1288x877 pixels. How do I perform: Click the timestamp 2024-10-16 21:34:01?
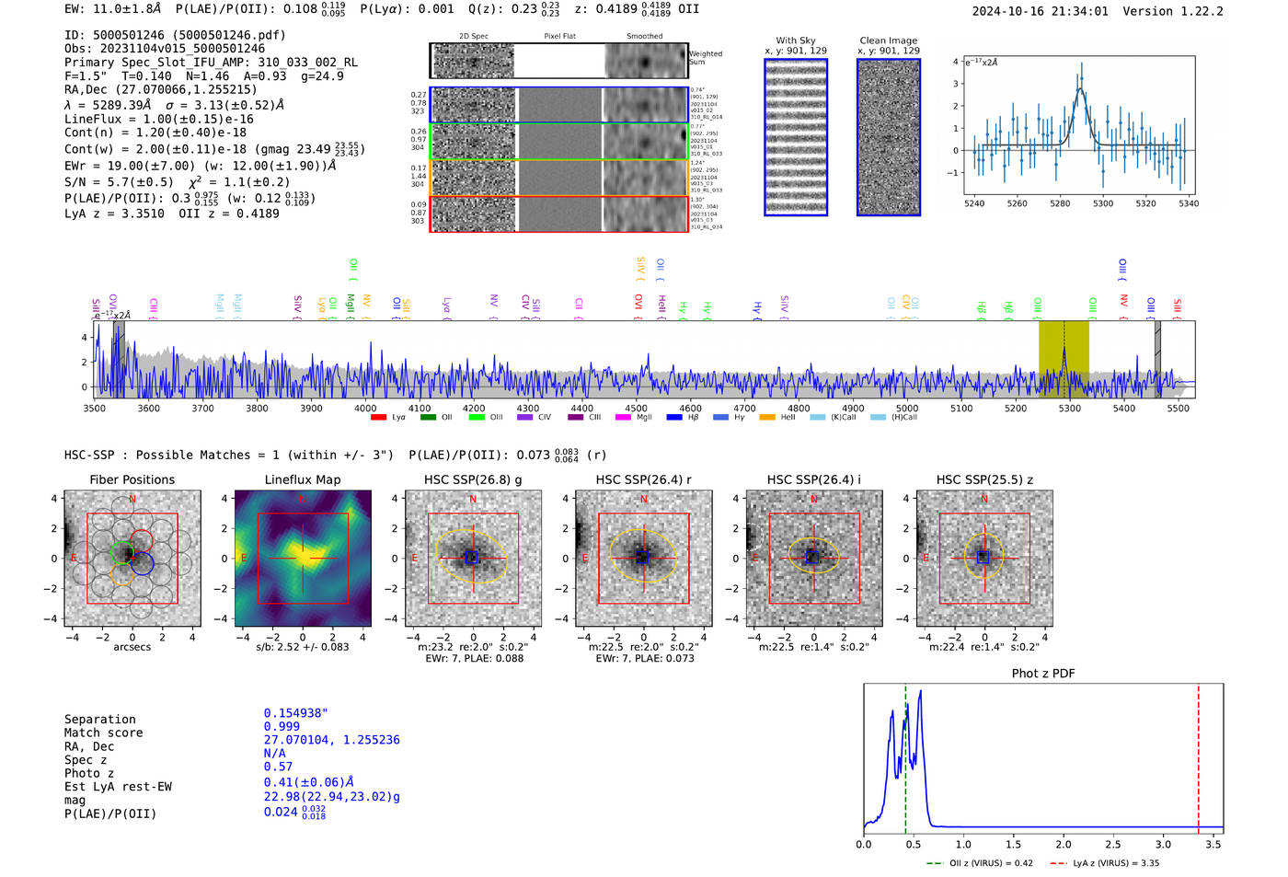point(1040,12)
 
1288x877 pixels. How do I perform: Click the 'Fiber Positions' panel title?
point(132,479)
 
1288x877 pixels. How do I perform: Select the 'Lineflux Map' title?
point(302,479)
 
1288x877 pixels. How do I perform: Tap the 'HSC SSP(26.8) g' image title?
point(472,479)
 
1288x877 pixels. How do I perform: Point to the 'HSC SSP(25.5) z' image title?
point(984,479)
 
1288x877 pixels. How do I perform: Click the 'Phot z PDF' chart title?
point(1042,674)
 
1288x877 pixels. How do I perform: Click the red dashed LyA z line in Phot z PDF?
point(1198,755)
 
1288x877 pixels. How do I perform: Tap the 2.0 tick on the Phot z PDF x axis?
point(1064,844)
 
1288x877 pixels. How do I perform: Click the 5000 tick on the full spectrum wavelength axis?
point(907,409)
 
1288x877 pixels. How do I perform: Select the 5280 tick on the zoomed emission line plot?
point(1060,204)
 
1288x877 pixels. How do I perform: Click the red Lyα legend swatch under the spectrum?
point(378,418)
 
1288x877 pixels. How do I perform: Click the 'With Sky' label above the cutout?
point(795,40)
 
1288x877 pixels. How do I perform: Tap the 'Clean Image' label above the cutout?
point(888,40)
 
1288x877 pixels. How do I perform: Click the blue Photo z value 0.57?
point(278,767)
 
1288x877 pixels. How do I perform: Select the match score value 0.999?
point(282,726)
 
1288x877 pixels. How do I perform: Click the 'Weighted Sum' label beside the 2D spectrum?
point(705,58)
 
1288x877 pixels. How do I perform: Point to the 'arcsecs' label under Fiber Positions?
point(132,647)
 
